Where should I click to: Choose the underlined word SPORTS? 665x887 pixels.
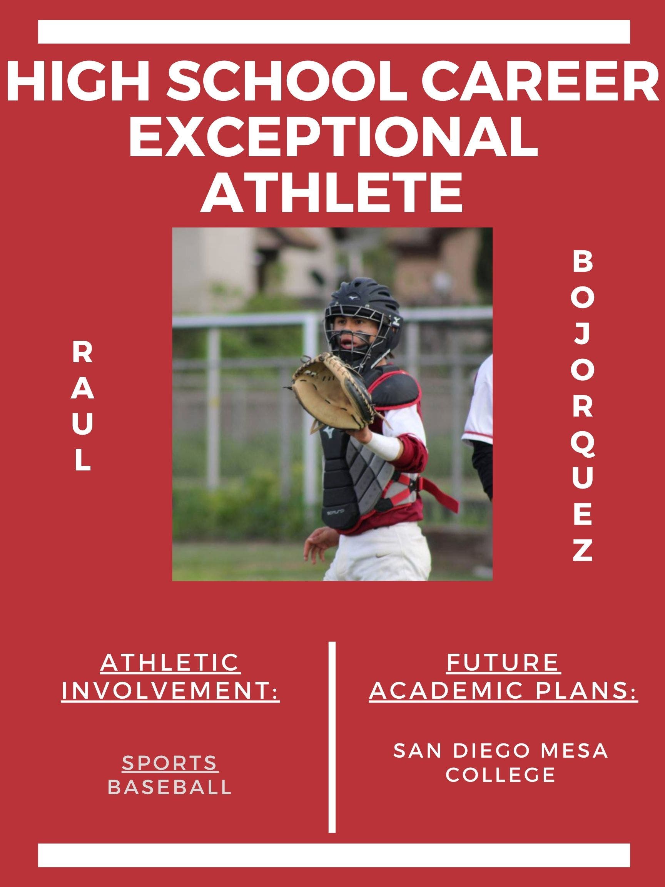coord(170,763)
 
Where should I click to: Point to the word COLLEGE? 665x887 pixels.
coord(501,774)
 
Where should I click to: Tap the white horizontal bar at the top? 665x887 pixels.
coord(334,32)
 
